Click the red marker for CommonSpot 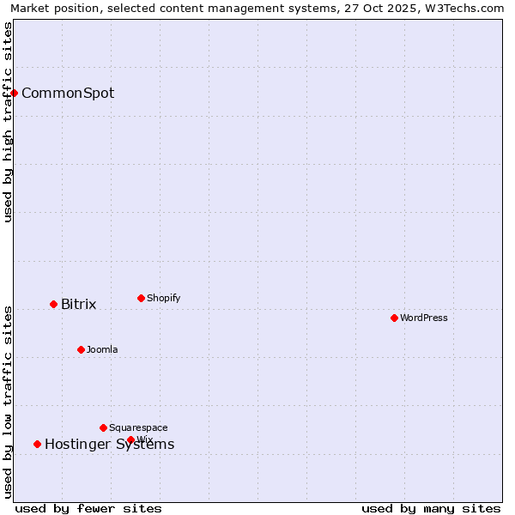[15, 93]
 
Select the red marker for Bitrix [53, 304]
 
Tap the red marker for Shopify [141, 298]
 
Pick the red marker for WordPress [394, 318]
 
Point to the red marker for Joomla [81, 349]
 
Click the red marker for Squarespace [103, 427]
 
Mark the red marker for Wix [130, 439]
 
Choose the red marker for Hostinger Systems [37, 444]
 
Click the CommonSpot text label [68, 94]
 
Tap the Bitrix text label [78, 305]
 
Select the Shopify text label [163, 299]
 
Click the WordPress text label [424, 318]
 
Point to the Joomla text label [102, 350]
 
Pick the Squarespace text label [138, 428]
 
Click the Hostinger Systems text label [109, 445]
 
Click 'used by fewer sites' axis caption [88, 509]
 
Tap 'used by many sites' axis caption [431, 509]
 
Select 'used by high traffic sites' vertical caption [9, 122]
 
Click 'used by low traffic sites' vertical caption [9, 402]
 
